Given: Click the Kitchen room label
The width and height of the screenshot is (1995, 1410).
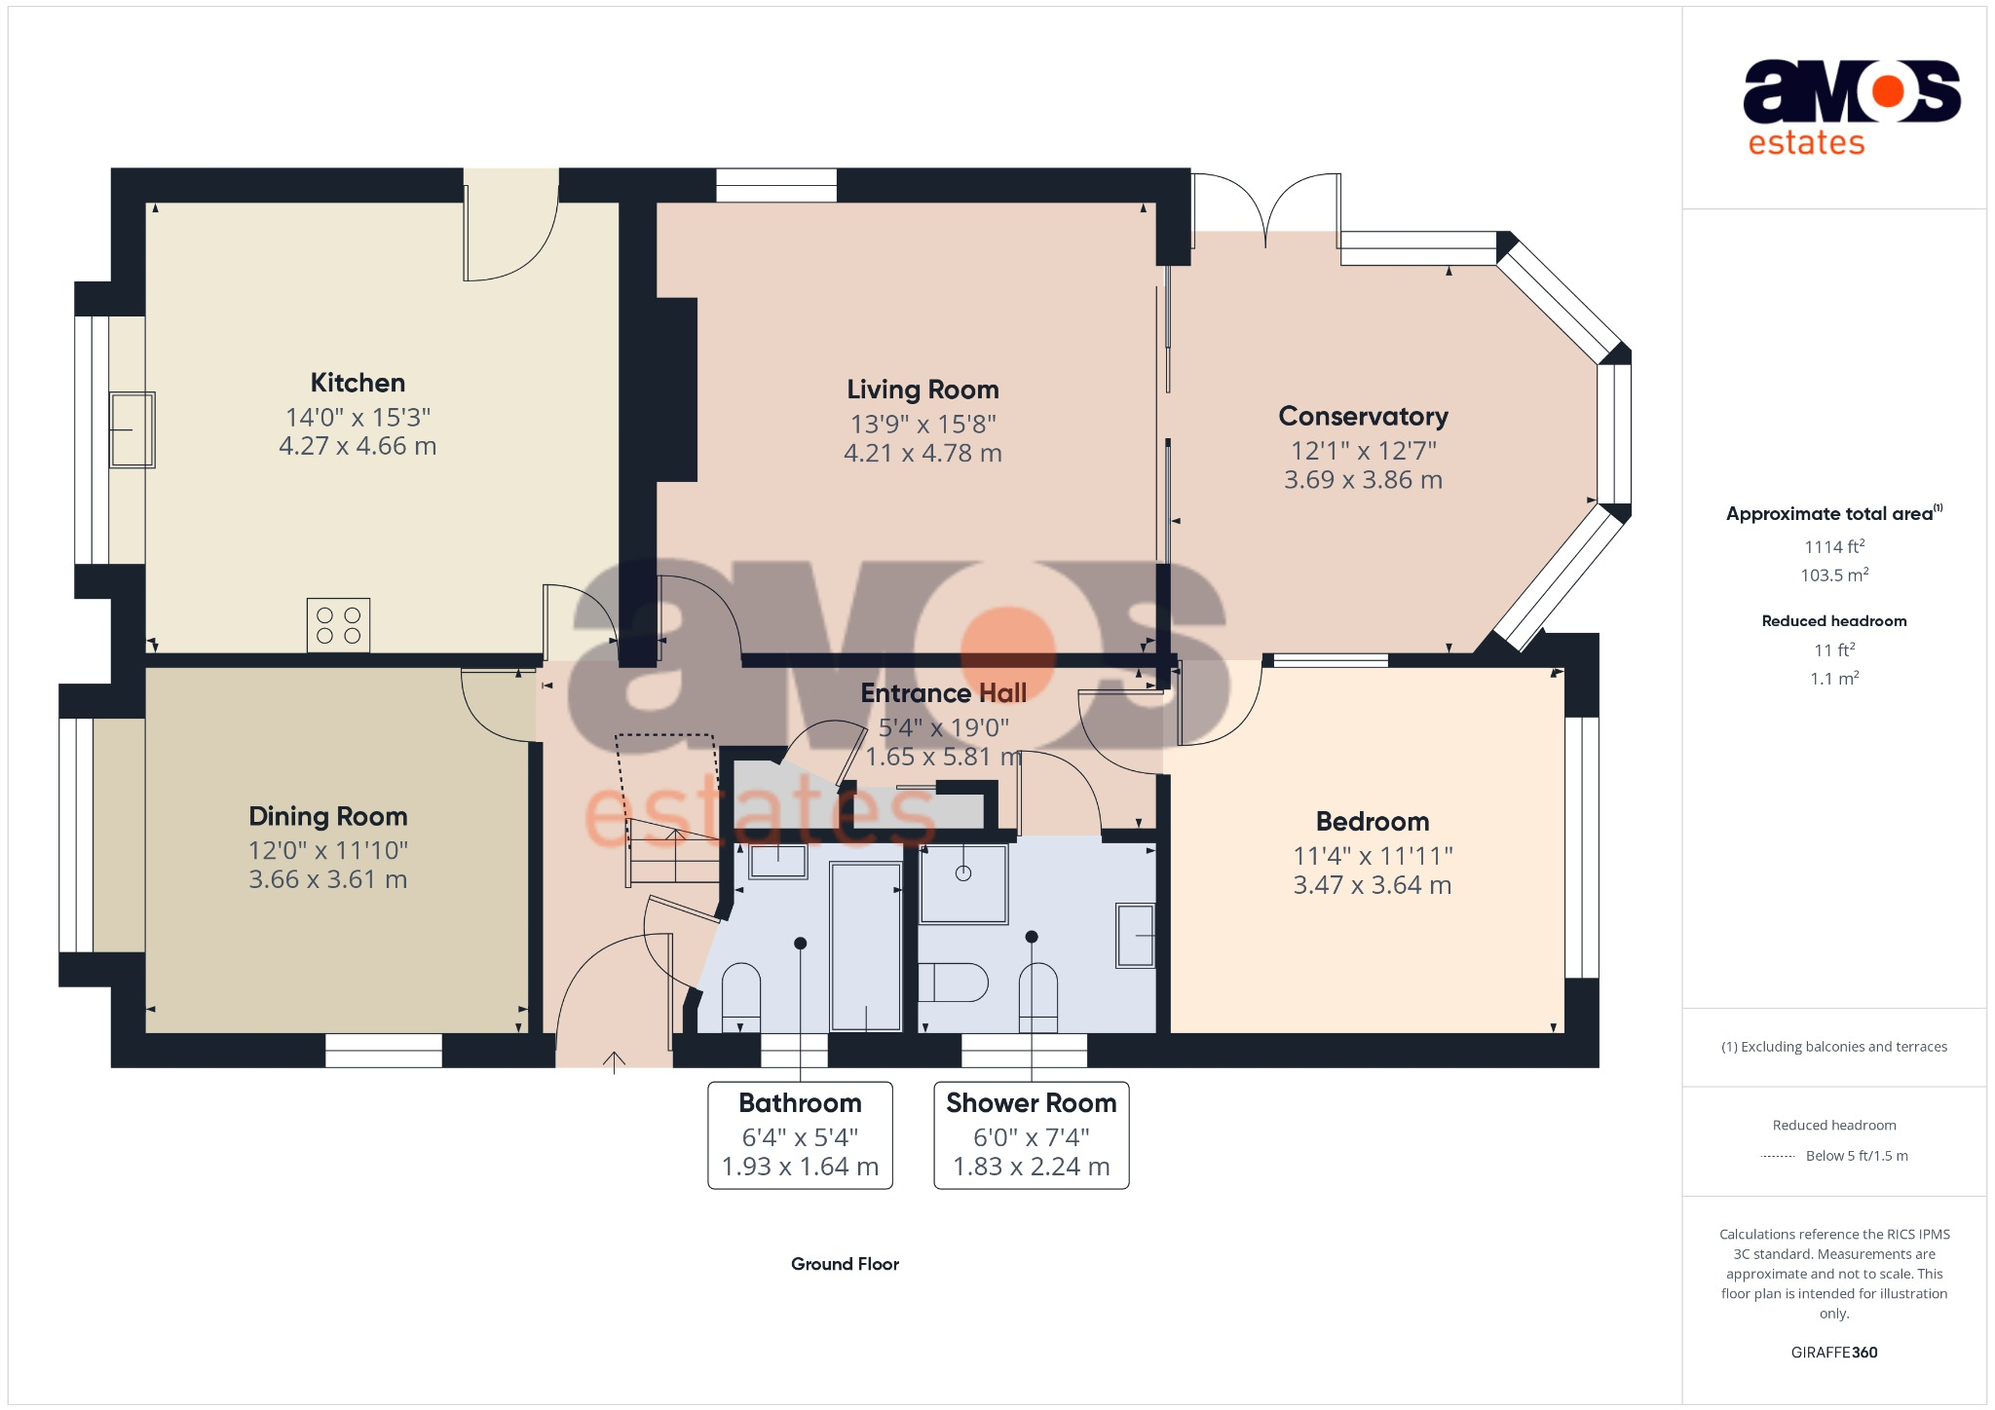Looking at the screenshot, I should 358,383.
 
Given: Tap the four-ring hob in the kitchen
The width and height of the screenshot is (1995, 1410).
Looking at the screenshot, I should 338,625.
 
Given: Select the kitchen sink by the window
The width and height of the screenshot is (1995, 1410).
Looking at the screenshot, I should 132,429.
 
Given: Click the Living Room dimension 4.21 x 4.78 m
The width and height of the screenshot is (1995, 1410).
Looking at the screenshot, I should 922,454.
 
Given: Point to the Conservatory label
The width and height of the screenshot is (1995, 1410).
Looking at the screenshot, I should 1363,417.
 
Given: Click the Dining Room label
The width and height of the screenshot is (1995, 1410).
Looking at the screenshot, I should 328,816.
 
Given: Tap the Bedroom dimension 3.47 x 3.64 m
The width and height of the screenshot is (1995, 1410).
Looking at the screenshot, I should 1372,885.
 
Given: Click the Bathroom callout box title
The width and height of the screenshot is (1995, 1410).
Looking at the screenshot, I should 800,1103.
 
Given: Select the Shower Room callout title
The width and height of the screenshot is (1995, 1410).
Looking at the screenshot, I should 1031,1103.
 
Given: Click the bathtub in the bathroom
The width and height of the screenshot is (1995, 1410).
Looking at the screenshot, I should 865,946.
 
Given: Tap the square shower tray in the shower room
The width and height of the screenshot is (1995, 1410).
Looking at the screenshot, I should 963,883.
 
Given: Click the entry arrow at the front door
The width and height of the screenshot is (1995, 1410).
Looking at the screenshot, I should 614,1061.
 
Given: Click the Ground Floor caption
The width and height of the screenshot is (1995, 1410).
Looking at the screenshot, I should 845,1264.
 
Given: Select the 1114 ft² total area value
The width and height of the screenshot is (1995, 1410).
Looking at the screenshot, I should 1834,547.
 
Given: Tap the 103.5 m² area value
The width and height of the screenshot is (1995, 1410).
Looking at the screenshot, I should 1834,575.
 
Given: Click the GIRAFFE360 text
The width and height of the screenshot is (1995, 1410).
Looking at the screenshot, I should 1833,1353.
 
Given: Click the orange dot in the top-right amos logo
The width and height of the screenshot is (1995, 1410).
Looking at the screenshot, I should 1888,92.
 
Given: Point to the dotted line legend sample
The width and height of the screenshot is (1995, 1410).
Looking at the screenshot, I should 1778,1157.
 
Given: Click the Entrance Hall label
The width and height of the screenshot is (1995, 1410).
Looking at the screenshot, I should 943,693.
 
